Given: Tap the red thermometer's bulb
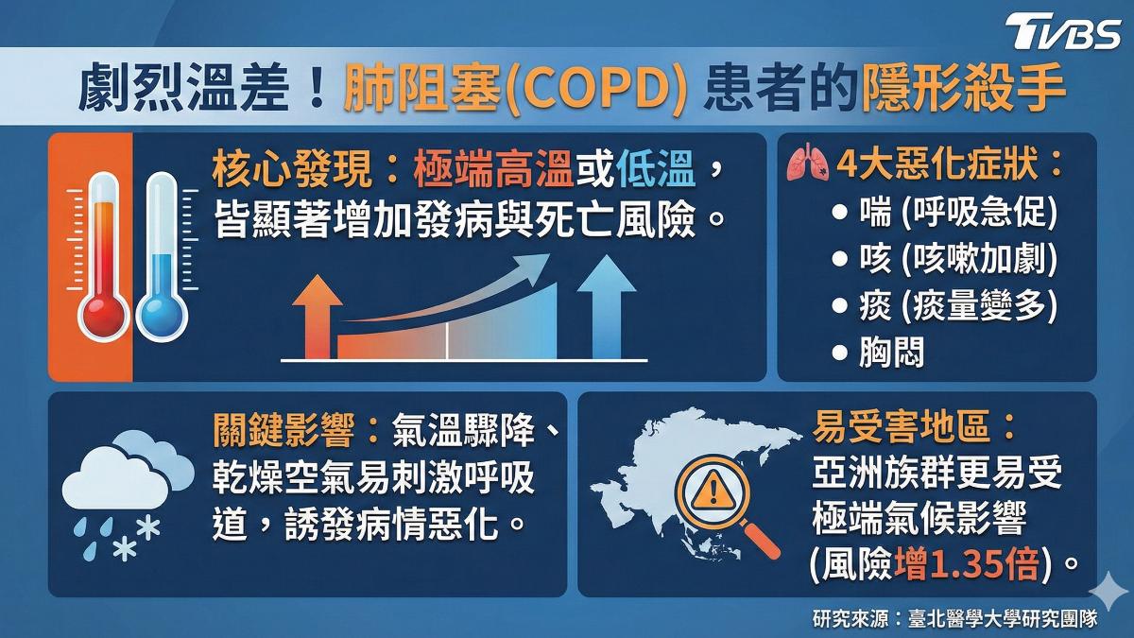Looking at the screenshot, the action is point(103,316).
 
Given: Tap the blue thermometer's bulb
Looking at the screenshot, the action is point(162,316).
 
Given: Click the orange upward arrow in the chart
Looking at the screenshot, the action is point(318,317).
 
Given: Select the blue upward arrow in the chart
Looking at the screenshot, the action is point(607,307).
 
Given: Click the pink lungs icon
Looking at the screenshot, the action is point(807,163).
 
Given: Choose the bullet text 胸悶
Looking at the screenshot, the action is point(891,352).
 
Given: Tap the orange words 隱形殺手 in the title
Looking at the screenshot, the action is point(964,91).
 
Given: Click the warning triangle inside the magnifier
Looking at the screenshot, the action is point(713,491).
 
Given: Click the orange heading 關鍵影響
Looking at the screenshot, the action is point(283,430).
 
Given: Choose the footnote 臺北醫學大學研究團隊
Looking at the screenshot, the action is point(1003,619).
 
